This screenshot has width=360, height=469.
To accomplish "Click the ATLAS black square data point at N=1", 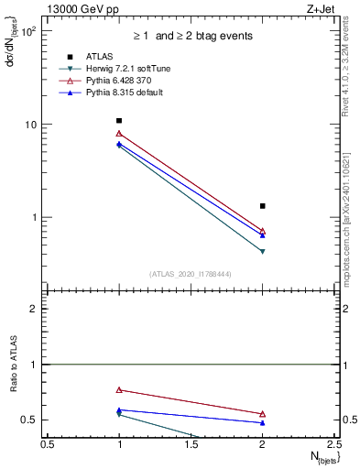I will coord(119,120).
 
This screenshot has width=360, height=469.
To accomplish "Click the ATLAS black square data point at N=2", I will coord(262,206).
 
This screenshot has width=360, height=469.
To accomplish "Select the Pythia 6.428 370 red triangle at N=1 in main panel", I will coord(119,134).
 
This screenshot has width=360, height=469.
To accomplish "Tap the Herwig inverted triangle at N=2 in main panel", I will coord(262,251).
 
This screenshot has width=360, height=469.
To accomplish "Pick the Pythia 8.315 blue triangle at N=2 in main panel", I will coord(262,235).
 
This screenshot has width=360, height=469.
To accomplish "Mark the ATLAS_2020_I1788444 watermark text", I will coord(191,273).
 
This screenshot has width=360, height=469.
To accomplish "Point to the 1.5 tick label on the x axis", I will coord(191,444).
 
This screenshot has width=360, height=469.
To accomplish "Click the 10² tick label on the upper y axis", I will coord(27,31).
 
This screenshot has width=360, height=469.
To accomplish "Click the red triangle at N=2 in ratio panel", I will coord(262,414).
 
